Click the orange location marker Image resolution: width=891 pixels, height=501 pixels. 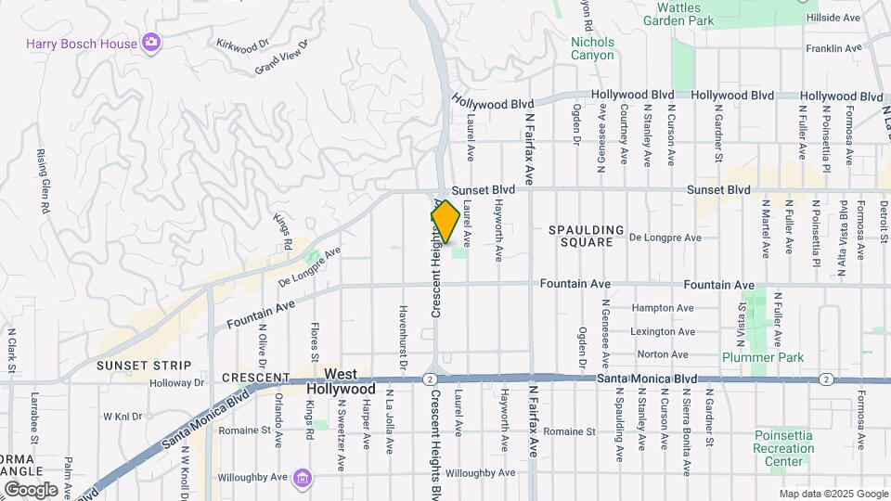[445, 222]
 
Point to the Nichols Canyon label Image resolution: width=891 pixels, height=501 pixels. [592, 48]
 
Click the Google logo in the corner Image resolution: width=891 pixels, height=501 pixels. [32, 488]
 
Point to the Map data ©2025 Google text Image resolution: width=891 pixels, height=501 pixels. [833, 494]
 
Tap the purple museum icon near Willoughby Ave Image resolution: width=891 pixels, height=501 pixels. [302, 478]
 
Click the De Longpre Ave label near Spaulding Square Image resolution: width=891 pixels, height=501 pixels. [665, 238]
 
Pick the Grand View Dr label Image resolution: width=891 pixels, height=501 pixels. [279, 62]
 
